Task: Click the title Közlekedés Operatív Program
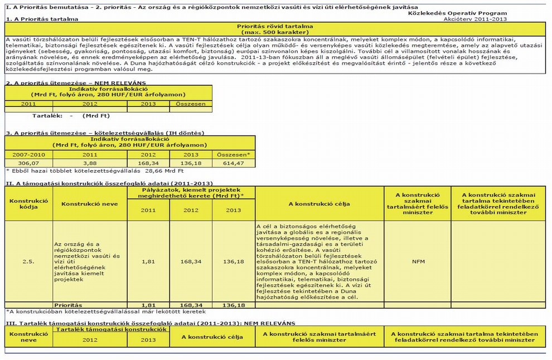click(458, 13)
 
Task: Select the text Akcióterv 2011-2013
click(476, 19)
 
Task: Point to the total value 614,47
click(233, 162)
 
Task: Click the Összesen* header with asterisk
click(233, 154)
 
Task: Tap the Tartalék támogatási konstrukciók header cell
click(112, 329)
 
